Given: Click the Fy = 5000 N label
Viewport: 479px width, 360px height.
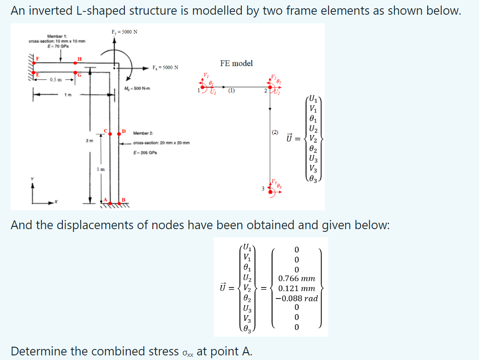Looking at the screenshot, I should tap(124, 32).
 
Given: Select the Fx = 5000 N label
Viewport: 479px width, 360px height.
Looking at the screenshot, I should tap(166, 67).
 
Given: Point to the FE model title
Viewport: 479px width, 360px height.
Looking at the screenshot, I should tap(236, 63).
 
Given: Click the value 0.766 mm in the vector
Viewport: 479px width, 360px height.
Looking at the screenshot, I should tap(296, 279).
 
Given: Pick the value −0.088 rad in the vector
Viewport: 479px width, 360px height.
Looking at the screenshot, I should tap(296, 298).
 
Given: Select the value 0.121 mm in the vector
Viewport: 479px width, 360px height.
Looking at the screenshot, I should tap(296, 288).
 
